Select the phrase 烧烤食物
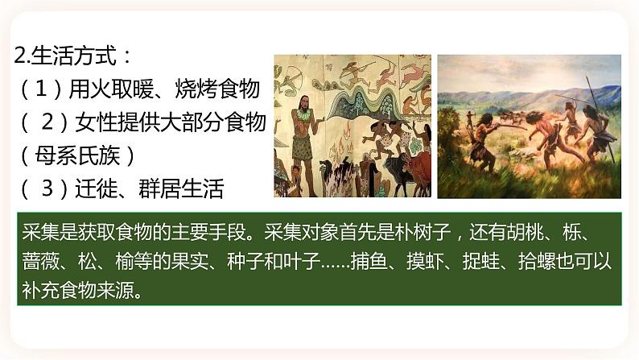tap(217, 89)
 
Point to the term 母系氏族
tap(77, 155)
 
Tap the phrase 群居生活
tap(181, 188)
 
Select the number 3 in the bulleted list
tap(47, 188)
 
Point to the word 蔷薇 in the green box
tap(41, 261)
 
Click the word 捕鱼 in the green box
tap(369, 261)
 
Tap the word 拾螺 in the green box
tap(537, 261)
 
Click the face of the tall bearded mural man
tap(303, 105)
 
